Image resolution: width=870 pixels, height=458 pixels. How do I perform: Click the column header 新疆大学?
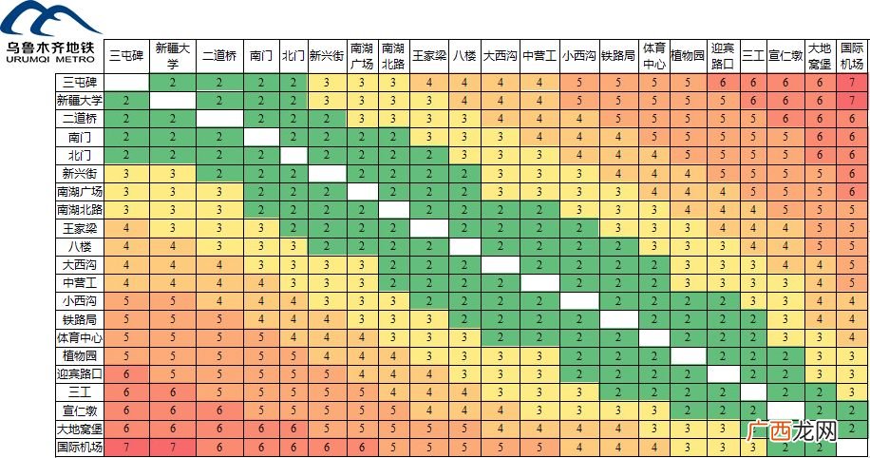173,56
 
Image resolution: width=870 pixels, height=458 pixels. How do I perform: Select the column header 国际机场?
852,56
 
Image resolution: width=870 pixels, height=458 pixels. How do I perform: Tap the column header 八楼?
464,56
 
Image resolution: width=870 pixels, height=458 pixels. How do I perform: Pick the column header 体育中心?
653,56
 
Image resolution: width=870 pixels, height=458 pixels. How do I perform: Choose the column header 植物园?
688,56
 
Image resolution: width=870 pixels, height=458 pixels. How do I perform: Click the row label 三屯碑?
80,82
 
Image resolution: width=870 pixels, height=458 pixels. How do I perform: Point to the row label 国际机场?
80,447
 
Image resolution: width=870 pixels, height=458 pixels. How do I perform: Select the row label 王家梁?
80,228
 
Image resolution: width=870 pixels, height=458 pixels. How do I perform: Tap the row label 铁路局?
80,319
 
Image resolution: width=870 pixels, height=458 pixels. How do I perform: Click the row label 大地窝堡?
80,429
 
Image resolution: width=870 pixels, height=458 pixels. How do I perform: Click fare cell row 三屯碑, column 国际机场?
852,82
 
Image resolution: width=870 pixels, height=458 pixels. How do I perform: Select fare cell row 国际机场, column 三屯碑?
126,447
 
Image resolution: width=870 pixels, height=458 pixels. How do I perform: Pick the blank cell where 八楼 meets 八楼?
464,246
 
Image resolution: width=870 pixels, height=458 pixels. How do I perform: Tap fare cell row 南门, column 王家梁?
429,137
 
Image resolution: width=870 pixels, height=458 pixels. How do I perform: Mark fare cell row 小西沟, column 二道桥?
219,301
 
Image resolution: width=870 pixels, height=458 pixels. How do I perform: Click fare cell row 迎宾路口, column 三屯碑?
126,374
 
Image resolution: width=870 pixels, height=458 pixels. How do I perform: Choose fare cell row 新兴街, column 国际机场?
852,173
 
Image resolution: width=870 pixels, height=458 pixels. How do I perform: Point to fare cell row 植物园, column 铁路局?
618,355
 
